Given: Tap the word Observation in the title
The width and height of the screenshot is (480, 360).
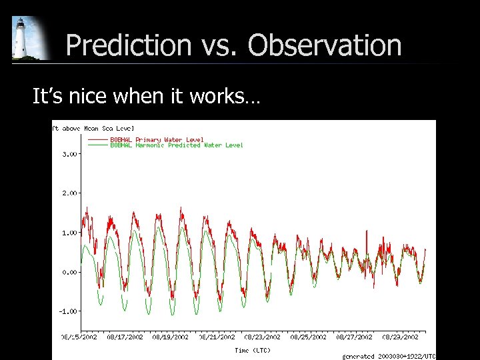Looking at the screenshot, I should pos(325,46).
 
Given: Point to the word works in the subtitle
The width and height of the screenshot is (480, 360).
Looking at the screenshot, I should pos(218,97).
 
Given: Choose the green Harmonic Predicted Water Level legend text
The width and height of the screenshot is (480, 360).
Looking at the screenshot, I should pos(177,145).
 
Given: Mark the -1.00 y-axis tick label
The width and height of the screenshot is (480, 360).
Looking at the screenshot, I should pos(67,311).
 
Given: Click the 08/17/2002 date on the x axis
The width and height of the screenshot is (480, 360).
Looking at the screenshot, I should pos(125,337).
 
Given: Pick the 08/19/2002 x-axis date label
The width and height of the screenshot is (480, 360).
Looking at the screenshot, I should pos(171,337).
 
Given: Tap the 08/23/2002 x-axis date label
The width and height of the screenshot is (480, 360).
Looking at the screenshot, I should pos(262,337).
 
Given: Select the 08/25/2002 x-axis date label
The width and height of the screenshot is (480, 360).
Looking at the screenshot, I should pos(308,337).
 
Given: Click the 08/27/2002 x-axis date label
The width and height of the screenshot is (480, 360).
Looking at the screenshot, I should pos(354,337).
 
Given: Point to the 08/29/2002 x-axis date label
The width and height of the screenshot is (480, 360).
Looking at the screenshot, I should pos(401,337).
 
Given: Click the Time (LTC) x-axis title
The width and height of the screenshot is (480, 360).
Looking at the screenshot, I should pos(253,350).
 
